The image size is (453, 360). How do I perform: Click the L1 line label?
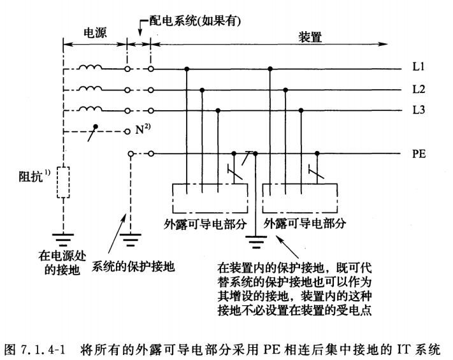tap(418, 67)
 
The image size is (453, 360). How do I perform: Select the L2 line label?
tap(418, 89)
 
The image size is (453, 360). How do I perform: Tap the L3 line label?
tap(418, 111)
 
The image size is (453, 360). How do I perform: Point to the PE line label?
tap(419, 154)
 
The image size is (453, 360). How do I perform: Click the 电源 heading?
tap(95, 32)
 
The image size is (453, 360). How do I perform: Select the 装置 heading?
tap(310, 37)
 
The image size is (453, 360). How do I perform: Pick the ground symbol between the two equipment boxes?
tap(255, 241)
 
